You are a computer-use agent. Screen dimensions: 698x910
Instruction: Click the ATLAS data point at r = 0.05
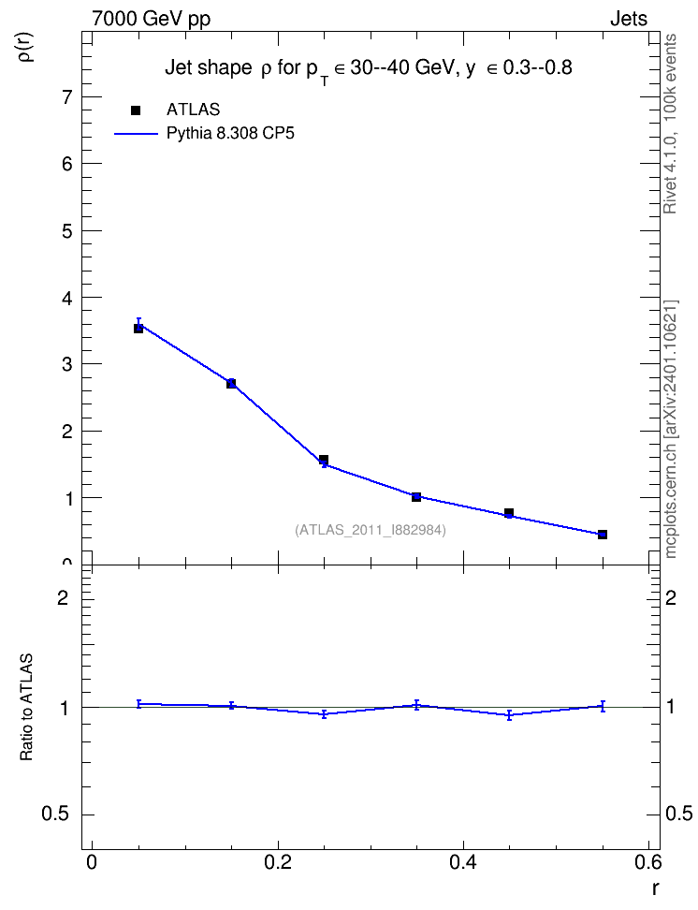click(x=138, y=329)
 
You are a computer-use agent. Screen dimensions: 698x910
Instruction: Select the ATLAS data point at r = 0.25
click(x=324, y=460)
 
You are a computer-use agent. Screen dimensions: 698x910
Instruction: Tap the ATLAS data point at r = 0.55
click(x=603, y=535)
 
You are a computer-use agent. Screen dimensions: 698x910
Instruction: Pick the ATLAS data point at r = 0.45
click(x=509, y=513)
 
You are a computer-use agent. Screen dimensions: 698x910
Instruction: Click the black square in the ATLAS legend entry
click(x=136, y=110)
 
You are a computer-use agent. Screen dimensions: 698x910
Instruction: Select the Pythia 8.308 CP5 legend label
click(x=230, y=134)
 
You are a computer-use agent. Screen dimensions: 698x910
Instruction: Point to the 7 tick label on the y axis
click(x=69, y=97)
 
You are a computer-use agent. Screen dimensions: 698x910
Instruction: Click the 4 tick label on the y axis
click(x=69, y=298)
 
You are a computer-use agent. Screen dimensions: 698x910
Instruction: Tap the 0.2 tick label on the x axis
click(x=278, y=862)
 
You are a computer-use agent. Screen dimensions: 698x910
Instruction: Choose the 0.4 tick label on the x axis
click(x=463, y=862)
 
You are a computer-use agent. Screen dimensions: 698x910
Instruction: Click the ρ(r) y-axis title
click(x=28, y=47)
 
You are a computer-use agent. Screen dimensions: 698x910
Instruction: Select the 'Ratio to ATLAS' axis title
click(x=27, y=707)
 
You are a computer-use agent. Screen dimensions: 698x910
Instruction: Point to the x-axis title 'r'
click(x=655, y=888)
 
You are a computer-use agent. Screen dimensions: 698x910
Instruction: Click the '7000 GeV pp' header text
click(x=151, y=19)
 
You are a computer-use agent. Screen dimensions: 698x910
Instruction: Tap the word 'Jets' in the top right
click(x=629, y=19)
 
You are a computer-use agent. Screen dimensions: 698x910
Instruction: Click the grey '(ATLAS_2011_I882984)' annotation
click(x=371, y=530)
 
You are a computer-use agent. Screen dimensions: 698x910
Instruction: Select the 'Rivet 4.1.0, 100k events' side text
click(x=671, y=124)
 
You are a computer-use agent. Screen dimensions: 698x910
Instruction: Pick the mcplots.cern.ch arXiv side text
click(x=671, y=429)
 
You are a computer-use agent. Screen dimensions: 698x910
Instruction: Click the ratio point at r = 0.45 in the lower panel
click(x=509, y=715)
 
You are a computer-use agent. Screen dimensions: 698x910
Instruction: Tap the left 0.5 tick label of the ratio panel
click(x=55, y=815)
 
